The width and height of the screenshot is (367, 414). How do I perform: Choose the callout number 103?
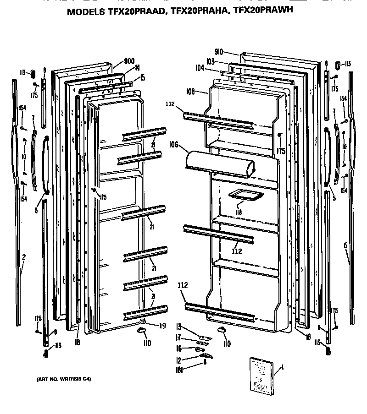211,61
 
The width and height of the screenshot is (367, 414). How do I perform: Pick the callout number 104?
200,67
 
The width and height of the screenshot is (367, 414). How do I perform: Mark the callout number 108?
191,91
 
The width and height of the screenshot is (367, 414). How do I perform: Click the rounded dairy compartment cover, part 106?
218,163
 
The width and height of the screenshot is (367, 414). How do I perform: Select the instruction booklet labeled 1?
262,373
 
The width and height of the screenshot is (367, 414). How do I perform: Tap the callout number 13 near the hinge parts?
179,327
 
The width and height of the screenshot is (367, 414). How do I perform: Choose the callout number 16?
179,348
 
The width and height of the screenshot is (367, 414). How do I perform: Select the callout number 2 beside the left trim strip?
23,259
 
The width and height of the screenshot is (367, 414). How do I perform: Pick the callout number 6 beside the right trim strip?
345,245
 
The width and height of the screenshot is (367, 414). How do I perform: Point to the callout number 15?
142,78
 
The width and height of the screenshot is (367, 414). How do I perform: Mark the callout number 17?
179,338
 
